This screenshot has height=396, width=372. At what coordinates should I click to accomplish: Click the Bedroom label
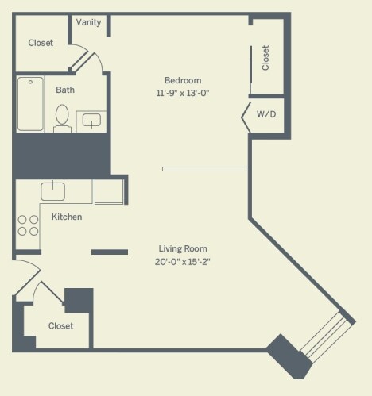click(183, 80)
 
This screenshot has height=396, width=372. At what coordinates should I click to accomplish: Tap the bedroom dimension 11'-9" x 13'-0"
click(183, 93)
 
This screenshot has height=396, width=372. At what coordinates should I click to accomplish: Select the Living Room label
click(183, 248)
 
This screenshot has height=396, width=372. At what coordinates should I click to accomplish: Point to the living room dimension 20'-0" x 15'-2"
click(183, 262)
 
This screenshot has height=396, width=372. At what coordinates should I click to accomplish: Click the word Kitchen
click(67, 217)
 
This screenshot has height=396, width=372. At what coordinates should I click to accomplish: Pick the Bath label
click(65, 90)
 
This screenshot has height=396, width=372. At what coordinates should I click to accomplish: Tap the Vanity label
click(88, 22)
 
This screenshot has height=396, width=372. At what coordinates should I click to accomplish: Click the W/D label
click(266, 114)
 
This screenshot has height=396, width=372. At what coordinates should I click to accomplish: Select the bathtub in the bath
click(30, 104)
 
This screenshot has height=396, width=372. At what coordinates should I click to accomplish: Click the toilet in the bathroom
click(62, 118)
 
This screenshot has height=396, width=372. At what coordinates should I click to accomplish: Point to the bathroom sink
click(91, 121)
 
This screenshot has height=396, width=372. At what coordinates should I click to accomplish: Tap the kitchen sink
click(53, 191)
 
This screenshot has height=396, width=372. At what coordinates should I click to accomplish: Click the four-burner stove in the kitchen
click(28, 225)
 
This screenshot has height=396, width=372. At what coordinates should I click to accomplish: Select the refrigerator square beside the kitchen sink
click(109, 192)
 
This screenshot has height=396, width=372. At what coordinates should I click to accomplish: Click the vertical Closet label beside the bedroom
click(265, 58)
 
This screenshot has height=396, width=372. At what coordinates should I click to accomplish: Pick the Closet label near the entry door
click(60, 326)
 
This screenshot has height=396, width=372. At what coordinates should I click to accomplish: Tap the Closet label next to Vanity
click(41, 43)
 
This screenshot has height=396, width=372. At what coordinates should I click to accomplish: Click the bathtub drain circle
click(30, 82)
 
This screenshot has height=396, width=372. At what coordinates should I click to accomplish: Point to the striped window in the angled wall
click(327, 337)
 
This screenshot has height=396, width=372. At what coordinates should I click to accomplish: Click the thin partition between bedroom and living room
click(205, 169)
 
